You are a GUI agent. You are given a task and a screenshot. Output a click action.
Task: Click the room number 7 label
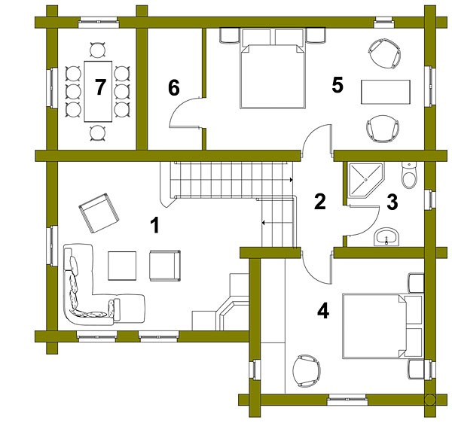[100, 87]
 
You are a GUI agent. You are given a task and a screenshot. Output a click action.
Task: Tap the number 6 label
[174, 87]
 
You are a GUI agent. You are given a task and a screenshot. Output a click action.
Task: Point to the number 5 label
[337, 85]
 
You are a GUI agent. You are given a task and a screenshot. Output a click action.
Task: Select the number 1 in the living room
[155, 226]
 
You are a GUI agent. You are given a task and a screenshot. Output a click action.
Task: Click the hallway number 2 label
[320, 202]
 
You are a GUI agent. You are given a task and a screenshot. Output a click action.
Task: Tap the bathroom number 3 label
[392, 202]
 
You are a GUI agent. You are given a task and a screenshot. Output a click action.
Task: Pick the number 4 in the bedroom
[323, 312]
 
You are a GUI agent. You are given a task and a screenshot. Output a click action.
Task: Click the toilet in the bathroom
[409, 175]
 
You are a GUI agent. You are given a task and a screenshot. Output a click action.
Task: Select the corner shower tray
[365, 180]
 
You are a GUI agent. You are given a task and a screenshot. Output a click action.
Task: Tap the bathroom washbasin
[386, 237]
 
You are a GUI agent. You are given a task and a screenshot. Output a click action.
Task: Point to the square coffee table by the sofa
[122, 266]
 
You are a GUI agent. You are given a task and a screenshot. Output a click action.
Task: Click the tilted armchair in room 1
[99, 213]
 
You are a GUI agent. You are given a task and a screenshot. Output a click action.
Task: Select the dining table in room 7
[98, 91]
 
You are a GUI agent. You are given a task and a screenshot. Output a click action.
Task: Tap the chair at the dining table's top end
[98, 50]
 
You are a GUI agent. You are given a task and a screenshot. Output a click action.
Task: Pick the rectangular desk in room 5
[386, 92]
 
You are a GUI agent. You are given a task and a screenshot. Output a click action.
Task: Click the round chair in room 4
[307, 372]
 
